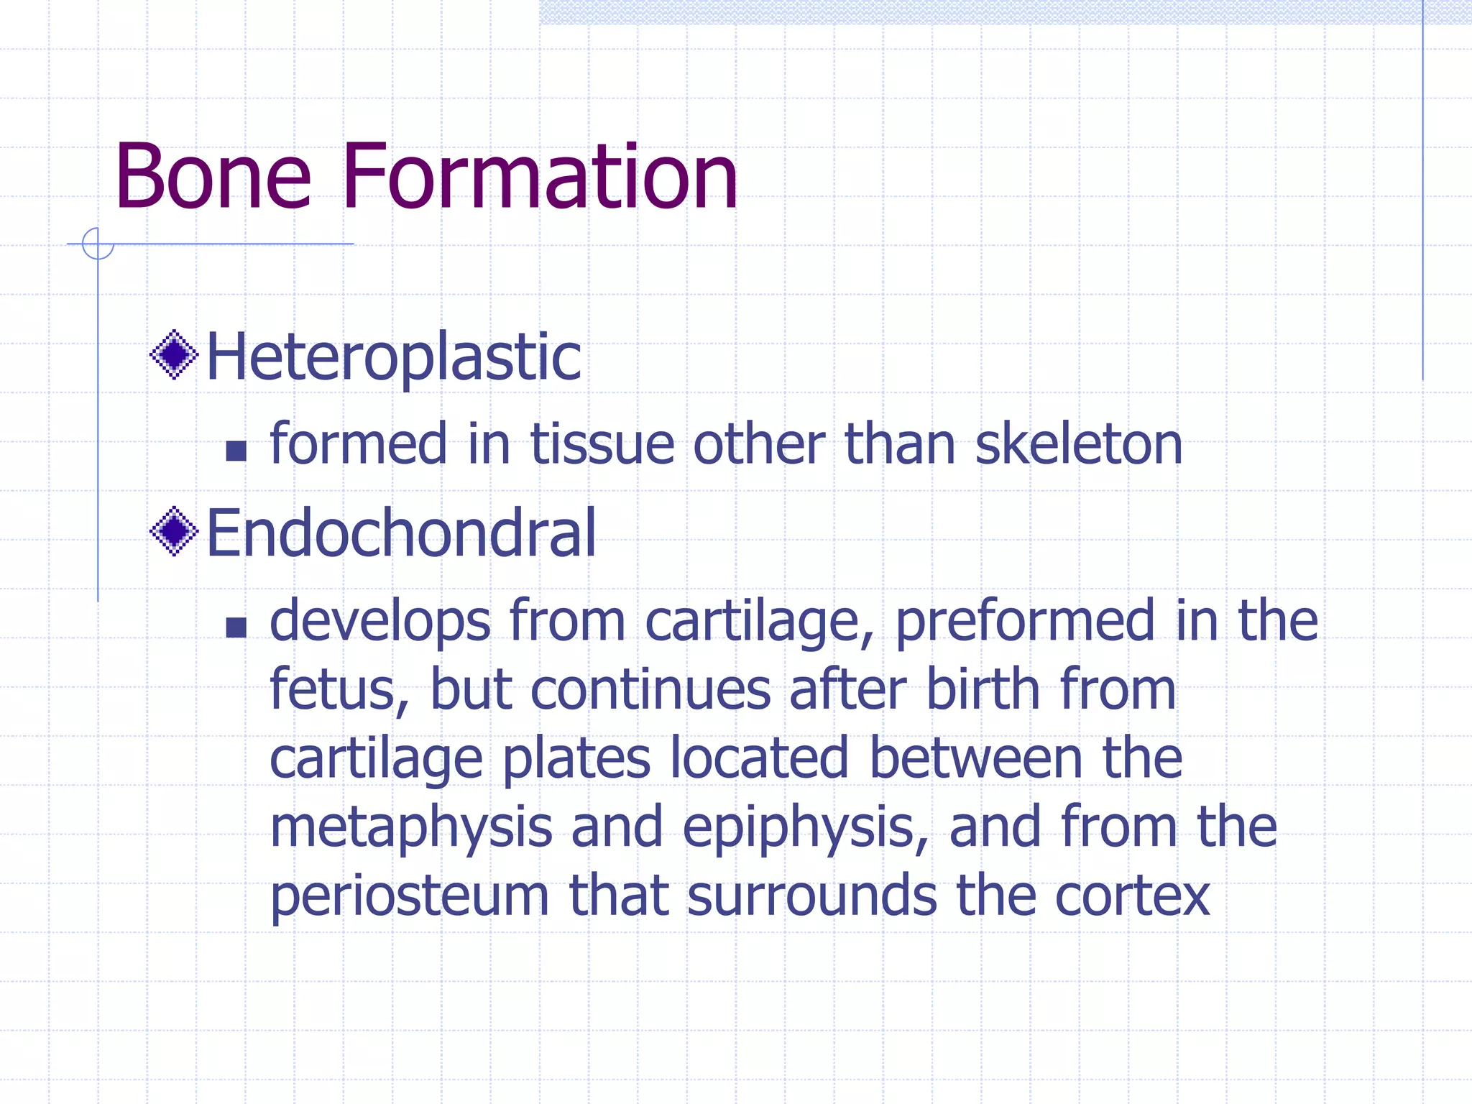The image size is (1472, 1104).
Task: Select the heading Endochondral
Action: [x=401, y=533]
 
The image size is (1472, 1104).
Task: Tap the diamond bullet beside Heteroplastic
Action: [x=174, y=354]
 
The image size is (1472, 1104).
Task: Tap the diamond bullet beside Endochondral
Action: [x=174, y=532]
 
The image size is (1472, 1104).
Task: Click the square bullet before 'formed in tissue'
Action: [x=236, y=451]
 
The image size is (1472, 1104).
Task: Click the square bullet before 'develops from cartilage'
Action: [x=236, y=627]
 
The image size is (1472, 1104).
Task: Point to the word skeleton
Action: [x=1078, y=444]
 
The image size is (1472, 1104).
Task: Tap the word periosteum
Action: [x=409, y=897]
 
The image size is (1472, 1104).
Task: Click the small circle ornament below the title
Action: [x=98, y=244]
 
